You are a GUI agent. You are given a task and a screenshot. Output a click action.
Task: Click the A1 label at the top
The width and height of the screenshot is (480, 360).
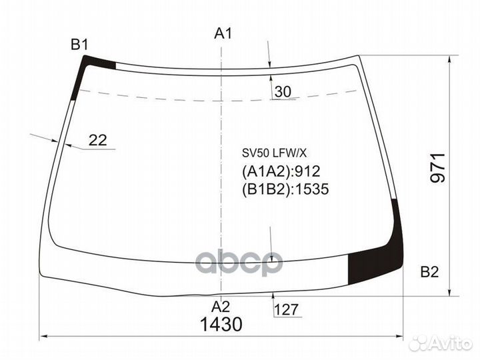click(223, 33)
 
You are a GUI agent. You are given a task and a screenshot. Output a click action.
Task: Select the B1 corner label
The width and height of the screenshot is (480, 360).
click(80, 45)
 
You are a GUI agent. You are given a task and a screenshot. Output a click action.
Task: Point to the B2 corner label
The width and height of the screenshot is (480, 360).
click(429, 272)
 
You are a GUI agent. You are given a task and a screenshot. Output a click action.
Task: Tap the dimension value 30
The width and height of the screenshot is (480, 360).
click(283, 93)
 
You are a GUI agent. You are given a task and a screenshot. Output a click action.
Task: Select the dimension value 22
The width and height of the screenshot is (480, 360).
click(98, 140)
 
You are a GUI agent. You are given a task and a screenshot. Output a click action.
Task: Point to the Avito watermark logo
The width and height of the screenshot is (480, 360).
click(440, 343)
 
